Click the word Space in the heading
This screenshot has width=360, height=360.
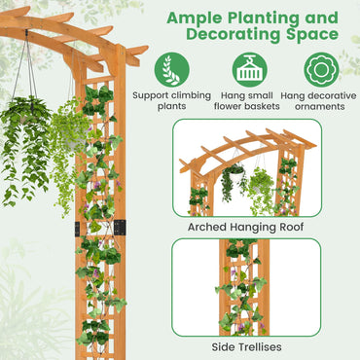[x=310, y=36]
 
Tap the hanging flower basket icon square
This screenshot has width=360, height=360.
[x=250, y=69]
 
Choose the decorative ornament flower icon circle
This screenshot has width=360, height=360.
[x=321, y=69]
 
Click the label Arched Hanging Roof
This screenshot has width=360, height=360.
[x=245, y=227]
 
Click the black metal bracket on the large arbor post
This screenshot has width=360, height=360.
[x=120, y=226]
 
